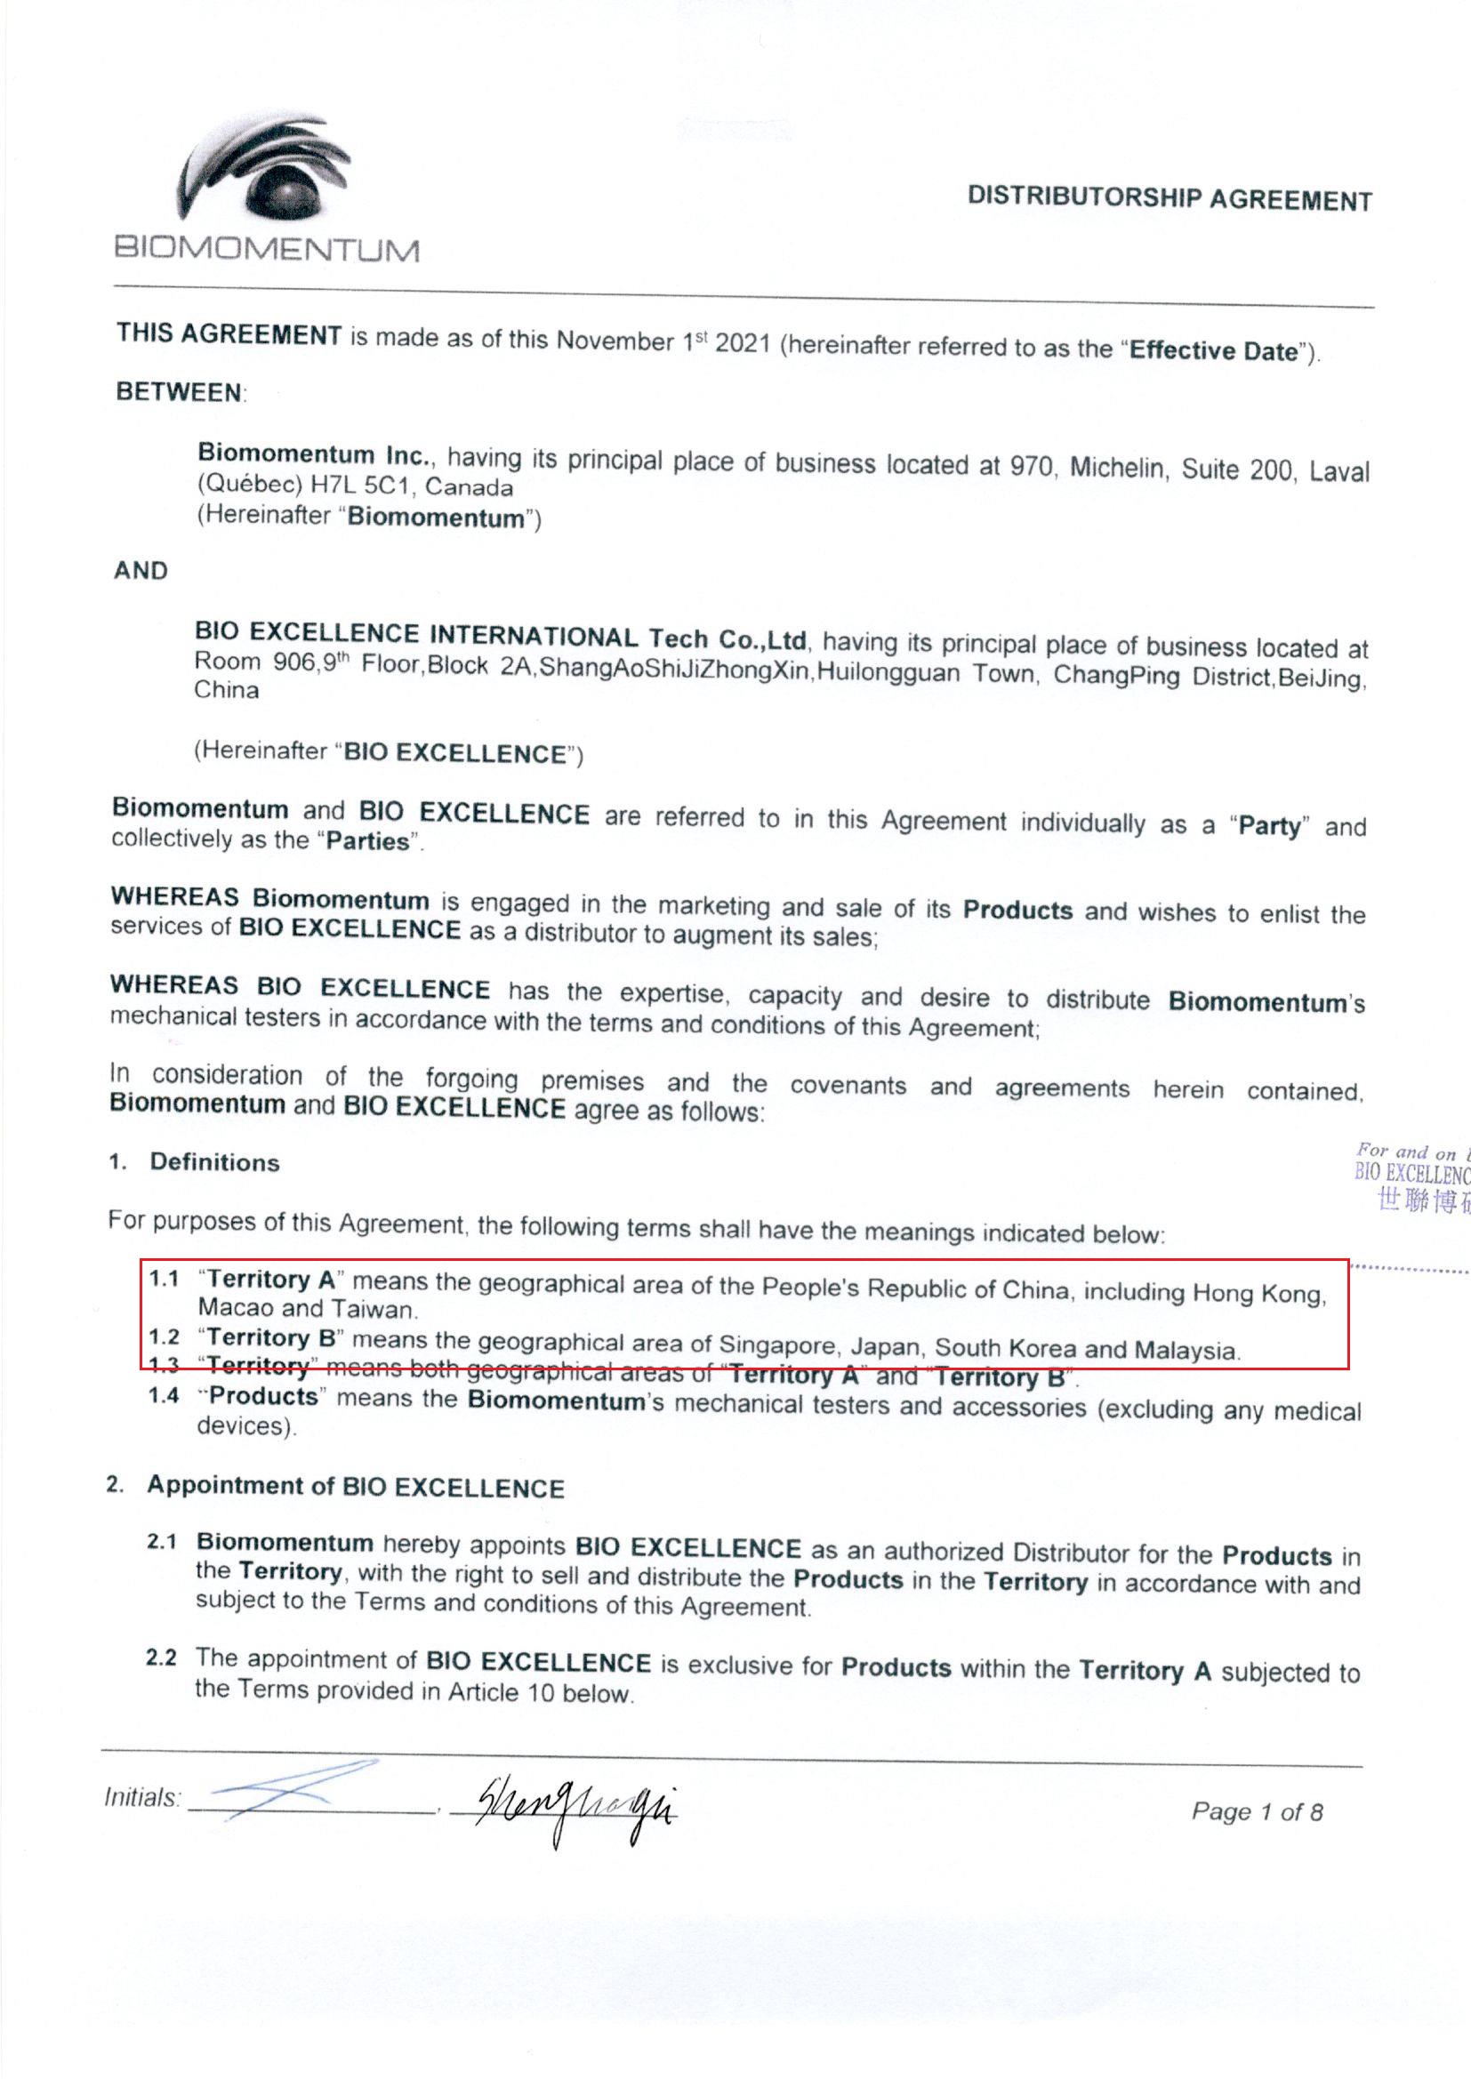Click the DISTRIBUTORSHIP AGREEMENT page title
(x=1170, y=198)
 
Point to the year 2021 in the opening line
(x=742, y=344)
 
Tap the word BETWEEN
(x=180, y=392)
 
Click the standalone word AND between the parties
(x=141, y=571)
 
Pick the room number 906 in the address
(x=293, y=662)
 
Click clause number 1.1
(x=164, y=1279)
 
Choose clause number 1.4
(x=164, y=1395)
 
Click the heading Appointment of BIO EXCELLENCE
(x=355, y=1487)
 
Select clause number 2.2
(x=161, y=1658)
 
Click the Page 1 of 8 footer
(x=1257, y=1812)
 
